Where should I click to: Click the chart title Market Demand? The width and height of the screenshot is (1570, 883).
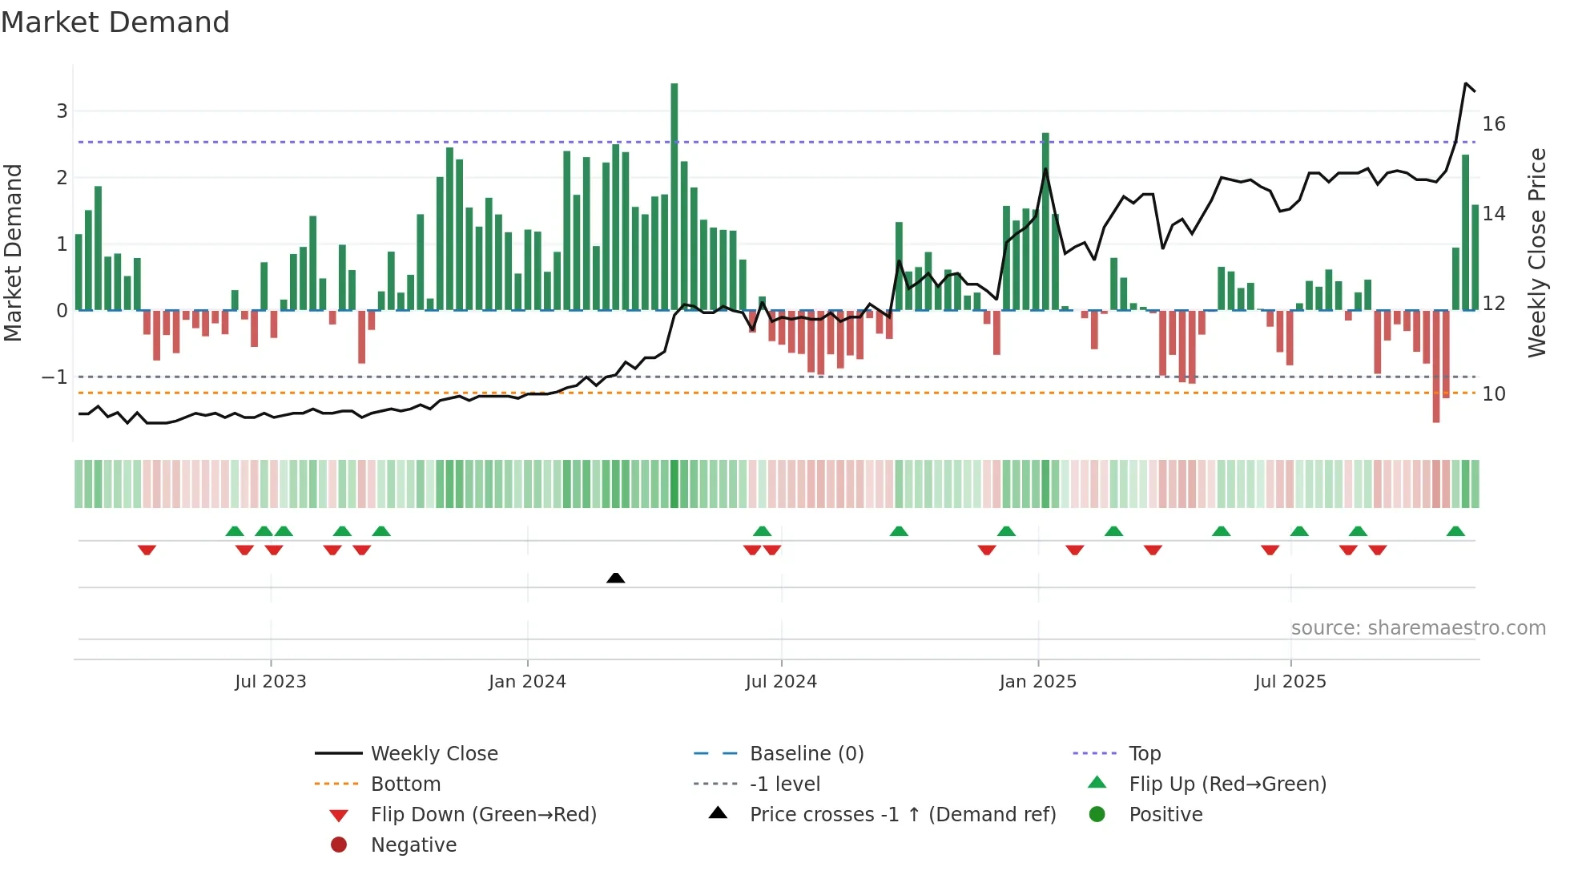click(115, 22)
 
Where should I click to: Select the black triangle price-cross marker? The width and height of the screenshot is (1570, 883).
click(615, 578)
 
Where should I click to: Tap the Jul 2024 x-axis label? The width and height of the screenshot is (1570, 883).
click(781, 681)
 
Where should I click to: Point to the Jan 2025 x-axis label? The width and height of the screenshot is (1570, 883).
click(1037, 681)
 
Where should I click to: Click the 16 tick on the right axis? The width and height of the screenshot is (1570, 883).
click(1493, 124)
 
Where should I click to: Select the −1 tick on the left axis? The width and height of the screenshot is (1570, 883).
click(54, 377)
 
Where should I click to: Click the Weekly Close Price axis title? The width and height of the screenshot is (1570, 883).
click(1536, 252)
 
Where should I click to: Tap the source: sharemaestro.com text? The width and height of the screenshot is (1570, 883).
click(1418, 627)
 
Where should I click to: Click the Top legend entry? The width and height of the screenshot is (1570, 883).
click(1144, 753)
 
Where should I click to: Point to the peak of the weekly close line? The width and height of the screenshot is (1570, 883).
click(1466, 83)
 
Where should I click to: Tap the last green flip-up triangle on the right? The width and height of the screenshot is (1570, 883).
click(1455, 531)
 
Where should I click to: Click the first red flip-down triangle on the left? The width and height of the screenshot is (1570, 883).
click(147, 550)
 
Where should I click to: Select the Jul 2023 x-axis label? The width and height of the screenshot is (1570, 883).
click(271, 681)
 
